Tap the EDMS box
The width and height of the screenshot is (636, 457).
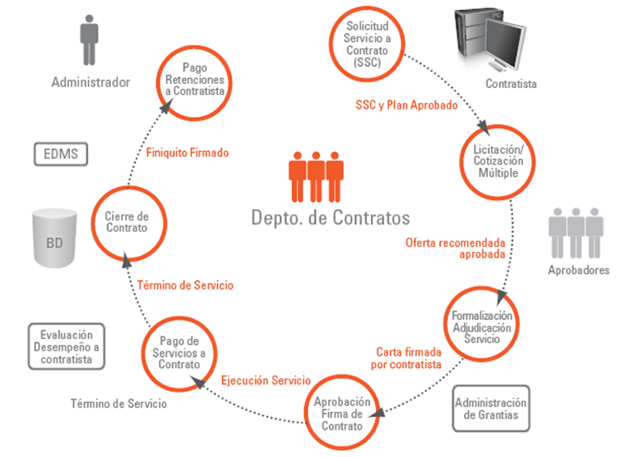click(61, 154)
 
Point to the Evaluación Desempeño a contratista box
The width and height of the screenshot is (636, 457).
click(67, 346)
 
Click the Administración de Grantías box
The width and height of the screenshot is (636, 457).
click(491, 409)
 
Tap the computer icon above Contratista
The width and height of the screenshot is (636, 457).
click(491, 42)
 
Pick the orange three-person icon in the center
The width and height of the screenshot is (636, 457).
click(316, 176)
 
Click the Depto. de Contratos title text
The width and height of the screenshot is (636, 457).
click(330, 219)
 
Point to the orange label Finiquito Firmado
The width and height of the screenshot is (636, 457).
click(187, 153)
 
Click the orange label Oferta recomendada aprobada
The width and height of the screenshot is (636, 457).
click(456, 248)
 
